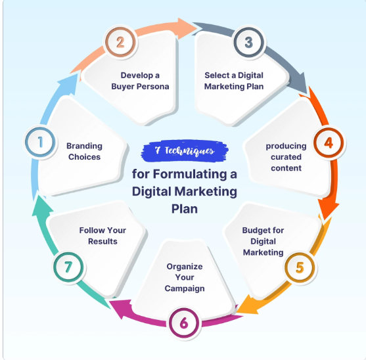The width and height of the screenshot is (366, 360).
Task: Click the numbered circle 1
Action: pyautogui.click(x=40, y=142)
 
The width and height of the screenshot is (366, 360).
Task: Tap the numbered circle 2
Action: pyautogui.click(x=120, y=42)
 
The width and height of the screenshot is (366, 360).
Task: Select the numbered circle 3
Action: pyautogui.click(x=249, y=42)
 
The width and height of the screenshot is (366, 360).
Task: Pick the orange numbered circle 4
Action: pyautogui.click(x=329, y=143)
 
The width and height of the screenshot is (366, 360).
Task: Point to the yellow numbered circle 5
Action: pyautogui.click(x=300, y=267)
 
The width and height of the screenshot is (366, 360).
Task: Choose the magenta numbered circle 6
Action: pyautogui.click(x=184, y=323)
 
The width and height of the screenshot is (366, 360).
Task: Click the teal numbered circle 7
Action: pyautogui.click(x=68, y=267)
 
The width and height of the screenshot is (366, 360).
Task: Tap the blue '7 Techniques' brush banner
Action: pyautogui.click(x=185, y=150)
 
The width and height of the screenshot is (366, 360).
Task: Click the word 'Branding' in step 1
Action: pyautogui.click(x=84, y=146)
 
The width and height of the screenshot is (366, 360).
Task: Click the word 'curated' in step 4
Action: pyautogui.click(x=286, y=157)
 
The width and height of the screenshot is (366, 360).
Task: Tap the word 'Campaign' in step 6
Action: pyautogui.click(x=185, y=288)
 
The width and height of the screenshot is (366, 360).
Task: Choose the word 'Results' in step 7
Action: pyautogui.click(x=103, y=242)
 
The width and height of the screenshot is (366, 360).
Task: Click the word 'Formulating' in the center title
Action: pyautogui.click(x=190, y=174)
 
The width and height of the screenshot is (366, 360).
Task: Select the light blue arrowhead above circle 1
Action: pyautogui.click(x=69, y=85)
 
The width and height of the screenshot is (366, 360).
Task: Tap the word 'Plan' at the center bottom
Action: pyautogui.click(x=185, y=209)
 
